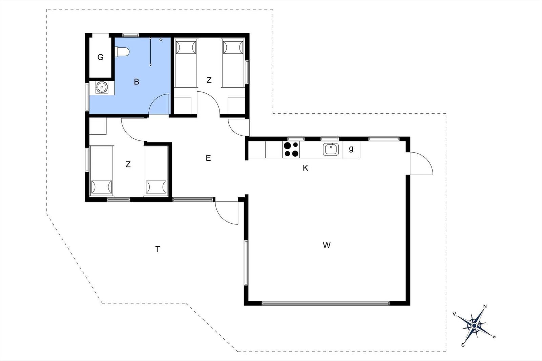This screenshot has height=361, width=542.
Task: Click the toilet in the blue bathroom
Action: tap(122, 52)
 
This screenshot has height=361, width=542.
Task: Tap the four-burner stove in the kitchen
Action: tap(291, 150)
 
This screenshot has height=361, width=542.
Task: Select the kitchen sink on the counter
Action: tap(331, 149)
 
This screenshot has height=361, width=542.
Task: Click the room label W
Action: tap(327, 245)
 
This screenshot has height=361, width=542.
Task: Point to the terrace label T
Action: tap(158, 249)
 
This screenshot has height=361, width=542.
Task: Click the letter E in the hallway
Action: tap(208, 158)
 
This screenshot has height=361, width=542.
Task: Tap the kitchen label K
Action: tap(305, 168)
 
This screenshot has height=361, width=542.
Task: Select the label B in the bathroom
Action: tap(137, 82)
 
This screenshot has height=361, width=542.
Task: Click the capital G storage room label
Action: tap(100, 57)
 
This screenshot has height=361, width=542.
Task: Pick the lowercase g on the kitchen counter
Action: tap(351, 149)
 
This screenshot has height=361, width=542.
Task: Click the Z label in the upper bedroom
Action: tap(209, 80)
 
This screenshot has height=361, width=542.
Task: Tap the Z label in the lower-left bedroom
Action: tap(128, 164)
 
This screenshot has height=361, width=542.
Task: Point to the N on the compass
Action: tap(485, 307)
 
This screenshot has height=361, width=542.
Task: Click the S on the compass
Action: tap(463, 345)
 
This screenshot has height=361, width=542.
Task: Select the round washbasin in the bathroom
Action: tap(102, 87)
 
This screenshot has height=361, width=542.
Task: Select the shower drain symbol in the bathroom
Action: tap(161, 40)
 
